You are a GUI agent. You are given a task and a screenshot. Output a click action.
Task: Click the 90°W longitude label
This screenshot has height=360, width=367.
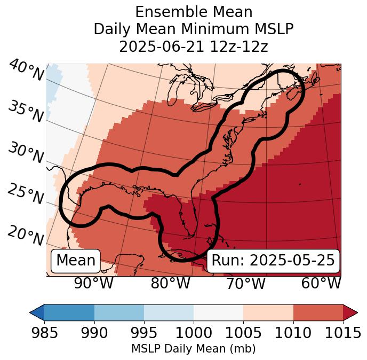pyautogui.click(x=94, y=283)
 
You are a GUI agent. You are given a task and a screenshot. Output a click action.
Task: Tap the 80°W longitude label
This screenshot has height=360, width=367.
pyautogui.click(x=170, y=283)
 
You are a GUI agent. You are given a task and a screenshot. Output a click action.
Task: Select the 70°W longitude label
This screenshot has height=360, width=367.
pyautogui.click(x=245, y=283)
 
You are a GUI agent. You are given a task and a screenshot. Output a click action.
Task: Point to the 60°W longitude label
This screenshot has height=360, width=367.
pyautogui.click(x=321, y=283)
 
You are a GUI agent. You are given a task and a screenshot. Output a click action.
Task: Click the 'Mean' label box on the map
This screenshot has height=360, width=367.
pyautogui.click(x=76, y=261)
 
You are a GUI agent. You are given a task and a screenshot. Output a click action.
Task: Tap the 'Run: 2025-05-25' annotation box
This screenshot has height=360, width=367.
pyautogui.click(x=273, y=261)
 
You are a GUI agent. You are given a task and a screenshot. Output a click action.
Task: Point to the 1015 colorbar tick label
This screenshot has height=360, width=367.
pyautogui.click(x=343, y=333)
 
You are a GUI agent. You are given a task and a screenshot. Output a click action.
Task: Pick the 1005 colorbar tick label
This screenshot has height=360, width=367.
pyautogui.click(x=243, y=333)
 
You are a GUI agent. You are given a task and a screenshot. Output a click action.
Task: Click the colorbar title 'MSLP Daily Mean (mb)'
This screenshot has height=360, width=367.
pyautogui.click(x=193, y=349)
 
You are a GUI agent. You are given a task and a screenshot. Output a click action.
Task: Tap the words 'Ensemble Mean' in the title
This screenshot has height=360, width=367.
pyautogui.click(x=194, y=12)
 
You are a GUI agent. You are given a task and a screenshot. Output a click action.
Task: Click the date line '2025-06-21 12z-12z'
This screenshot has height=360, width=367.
pyautogui.click(x=194, y=46)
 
